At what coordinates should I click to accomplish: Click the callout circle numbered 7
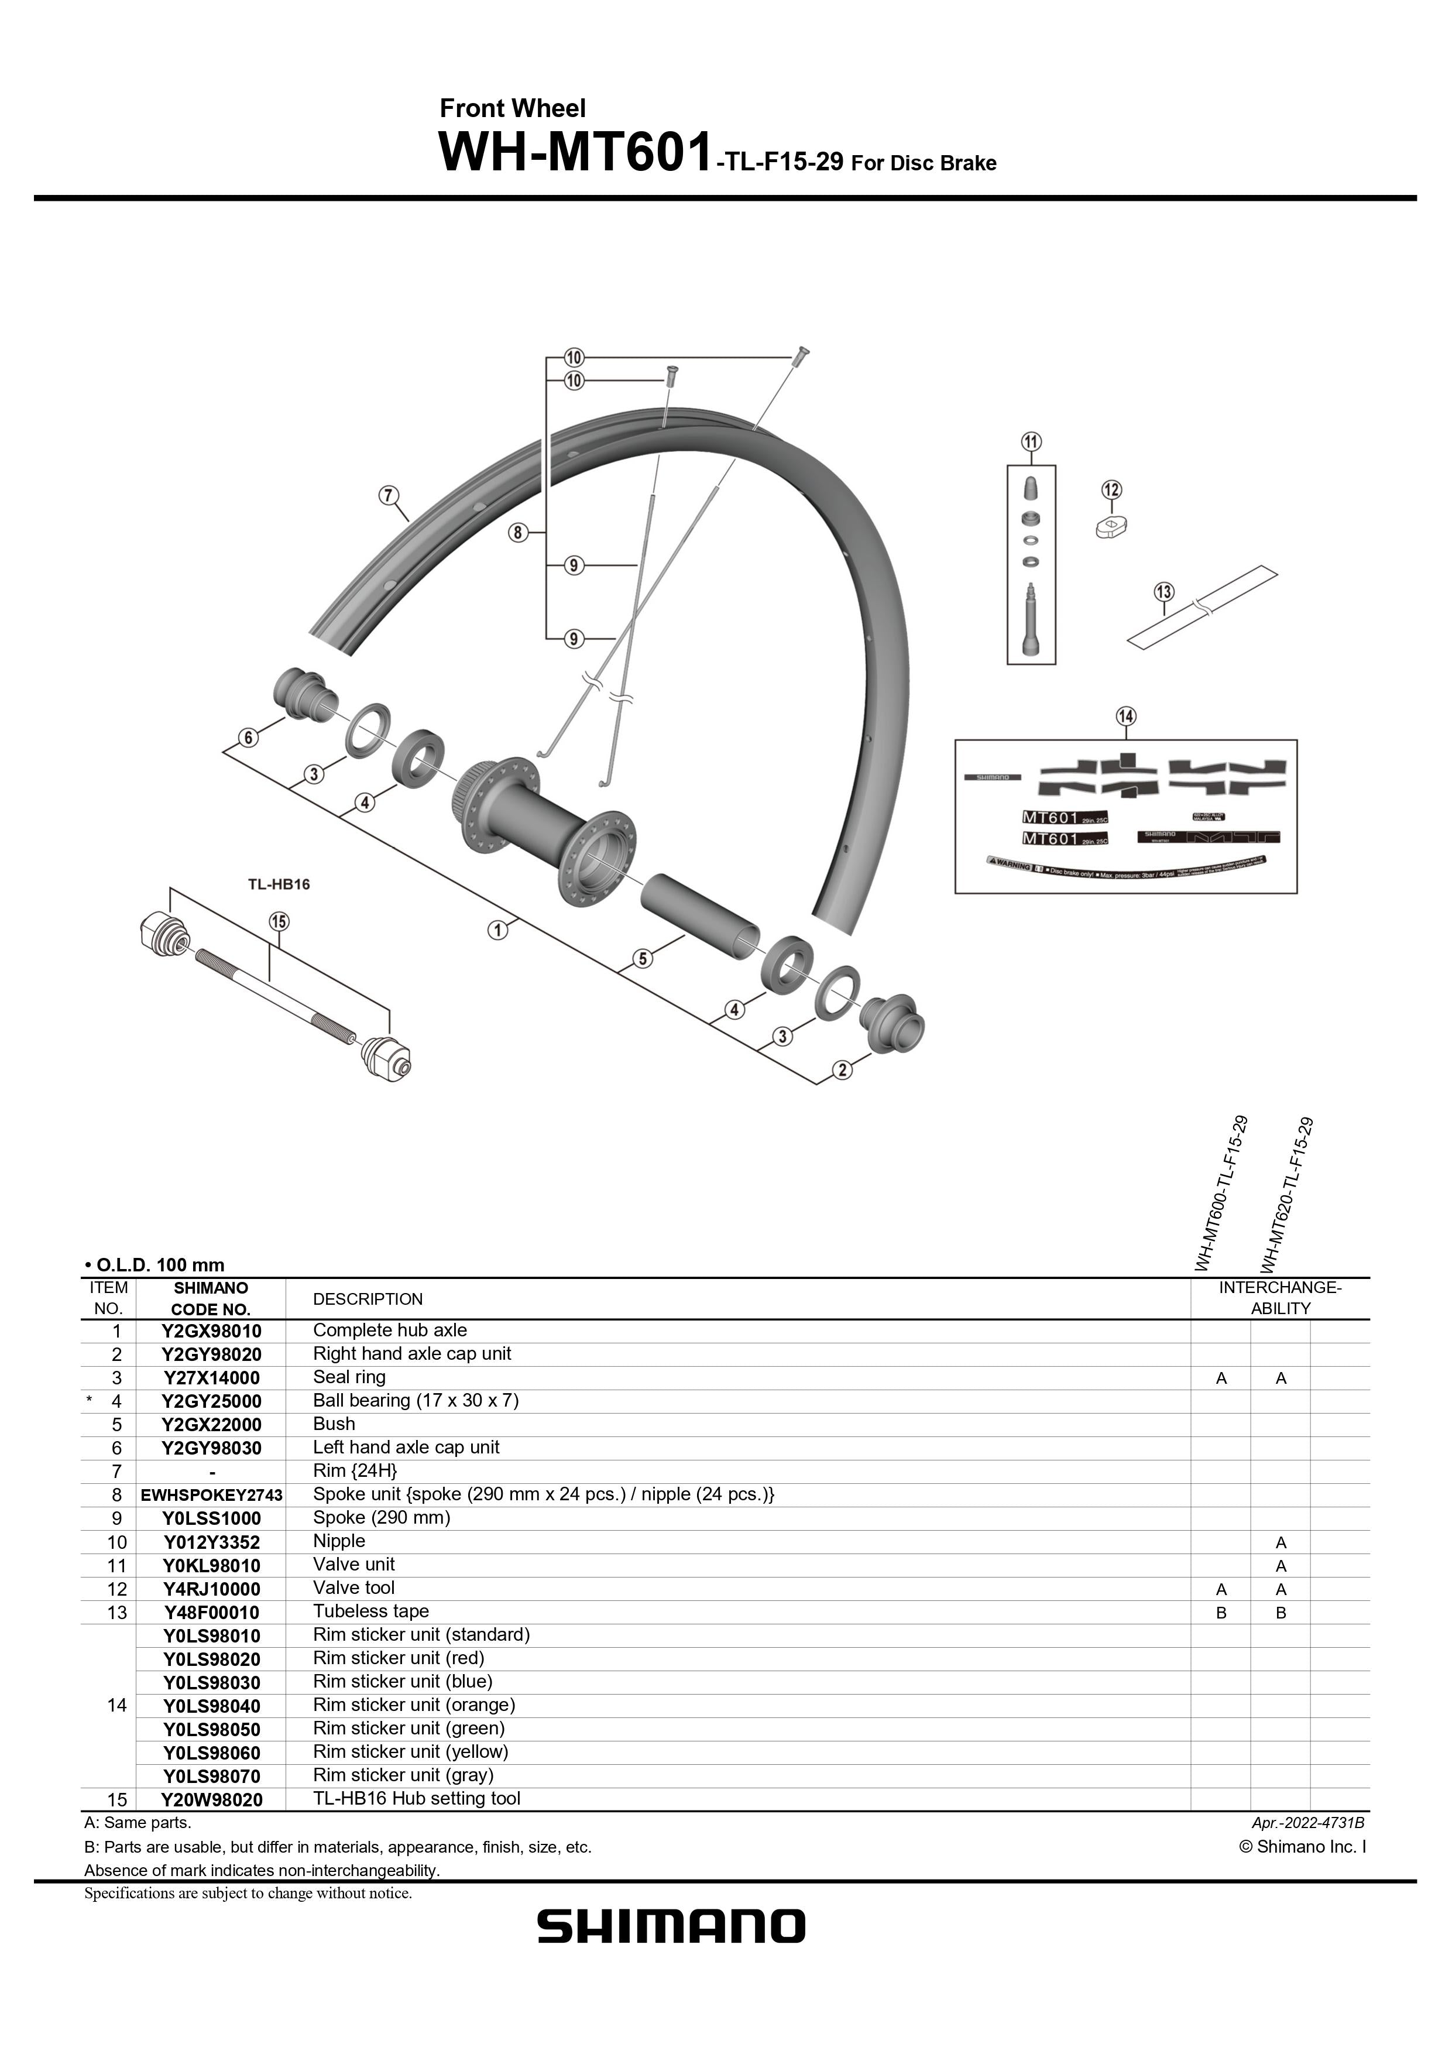pos(387,495)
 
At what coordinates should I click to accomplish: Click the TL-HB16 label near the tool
pos(278,884)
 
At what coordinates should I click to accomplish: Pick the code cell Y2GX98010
pos(211,1331)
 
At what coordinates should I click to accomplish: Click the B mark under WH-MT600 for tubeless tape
pos(1221,1613)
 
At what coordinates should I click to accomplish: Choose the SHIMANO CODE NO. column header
pos(211,1299)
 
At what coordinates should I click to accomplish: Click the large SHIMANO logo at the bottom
pos(671,1925)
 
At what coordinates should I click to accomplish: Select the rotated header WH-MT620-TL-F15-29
pos(1286,1195)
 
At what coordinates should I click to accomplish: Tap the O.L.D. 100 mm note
pos(154,1265)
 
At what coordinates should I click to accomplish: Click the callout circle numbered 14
pos(1125,716)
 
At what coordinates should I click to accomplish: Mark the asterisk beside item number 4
pos(90,1401)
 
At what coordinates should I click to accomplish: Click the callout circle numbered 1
pos(497,930)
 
